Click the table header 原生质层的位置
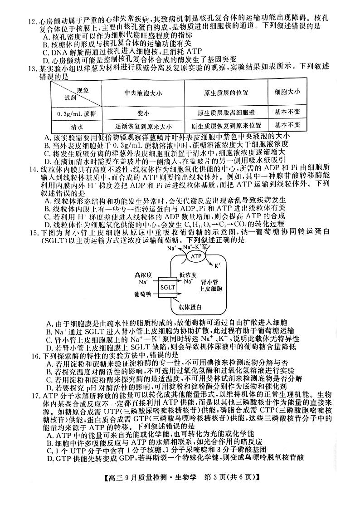click(226, 93)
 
